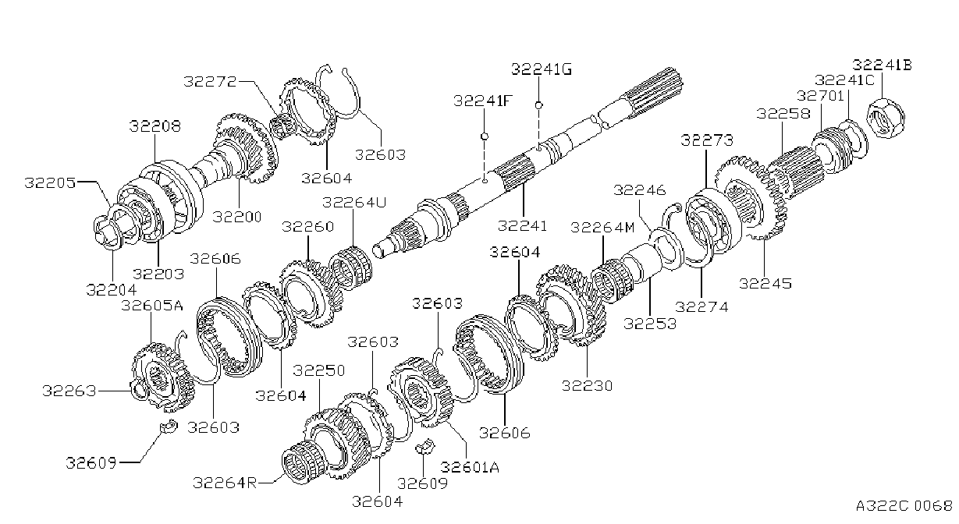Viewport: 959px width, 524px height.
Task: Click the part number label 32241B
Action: tap(882, 65)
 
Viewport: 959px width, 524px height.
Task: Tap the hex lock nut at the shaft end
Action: tap(886, 117)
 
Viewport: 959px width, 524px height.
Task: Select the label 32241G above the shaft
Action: tap(542, 69)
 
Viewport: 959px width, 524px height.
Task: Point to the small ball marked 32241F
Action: tap(485, 136)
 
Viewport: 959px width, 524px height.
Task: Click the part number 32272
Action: tap(210, 81)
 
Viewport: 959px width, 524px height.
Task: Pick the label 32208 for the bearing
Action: tap(155, 126)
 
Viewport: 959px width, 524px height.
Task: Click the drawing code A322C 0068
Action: tap(904, 505)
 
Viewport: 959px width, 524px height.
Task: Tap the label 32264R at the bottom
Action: tap(225, 483)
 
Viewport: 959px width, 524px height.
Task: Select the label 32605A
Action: tap(152, 306)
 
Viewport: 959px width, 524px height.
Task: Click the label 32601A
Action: tap(470, 467)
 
